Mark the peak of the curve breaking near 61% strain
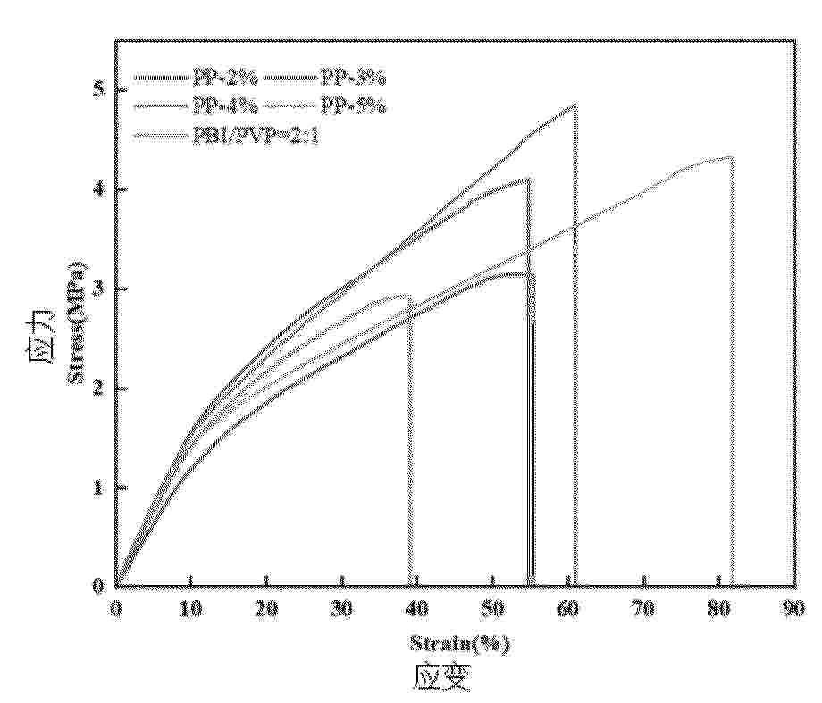point(575,105)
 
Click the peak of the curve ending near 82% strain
point(730,158)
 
